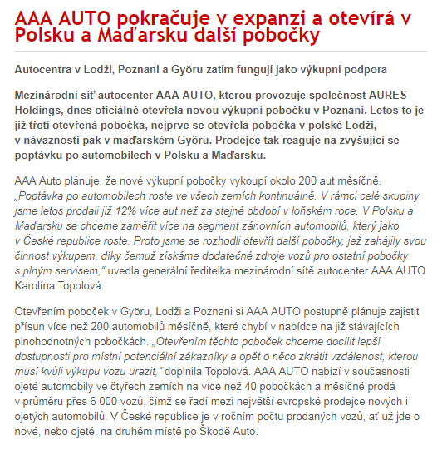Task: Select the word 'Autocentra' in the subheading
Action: [46, 70]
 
